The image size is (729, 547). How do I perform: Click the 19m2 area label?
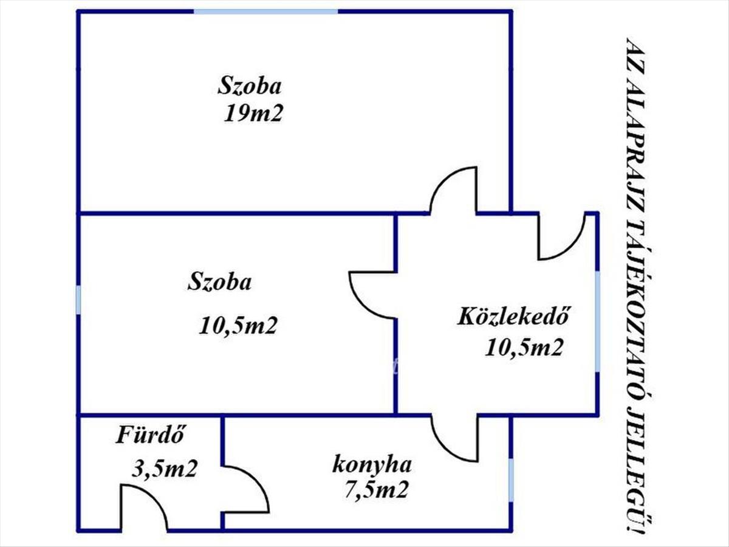[x=253, y=114]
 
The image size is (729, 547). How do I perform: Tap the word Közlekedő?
[x=513, y=317]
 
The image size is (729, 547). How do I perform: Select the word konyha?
[x=372, y=465]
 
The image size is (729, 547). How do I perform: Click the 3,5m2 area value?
[x=165, y=469]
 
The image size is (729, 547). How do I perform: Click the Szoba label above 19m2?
[x=250, y=86]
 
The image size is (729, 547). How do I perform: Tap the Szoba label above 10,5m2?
[x=219, y=282]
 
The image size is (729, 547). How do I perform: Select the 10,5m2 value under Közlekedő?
[x=524, y=348]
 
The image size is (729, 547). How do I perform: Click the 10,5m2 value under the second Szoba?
[x=238, y=325]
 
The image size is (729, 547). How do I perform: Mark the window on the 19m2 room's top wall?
[x=266, y=12]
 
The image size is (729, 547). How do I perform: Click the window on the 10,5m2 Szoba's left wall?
[x=78, y=300]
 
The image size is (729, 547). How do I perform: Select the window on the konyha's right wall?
[x=511, y=485]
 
